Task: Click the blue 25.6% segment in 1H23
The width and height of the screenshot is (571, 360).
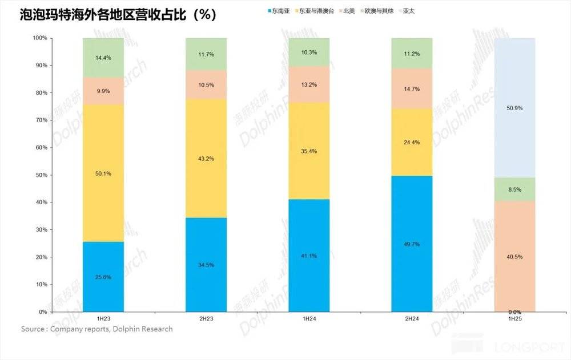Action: [x=103, y=277]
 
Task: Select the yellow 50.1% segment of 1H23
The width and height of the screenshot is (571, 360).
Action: [x=103, y=173]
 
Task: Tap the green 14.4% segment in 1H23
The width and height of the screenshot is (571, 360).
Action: [x=103, y=58]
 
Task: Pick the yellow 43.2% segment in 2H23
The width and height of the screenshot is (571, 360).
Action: [x=206, y=159]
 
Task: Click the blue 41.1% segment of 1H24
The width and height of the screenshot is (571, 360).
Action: [x=309, y=256]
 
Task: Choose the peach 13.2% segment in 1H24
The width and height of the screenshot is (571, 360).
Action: [x=309, y=84]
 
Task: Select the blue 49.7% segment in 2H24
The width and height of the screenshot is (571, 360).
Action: [x=412, y=244]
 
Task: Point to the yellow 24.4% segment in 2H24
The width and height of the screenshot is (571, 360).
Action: [x=412, y=142]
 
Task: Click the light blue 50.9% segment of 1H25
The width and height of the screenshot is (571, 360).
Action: [x=514, y=108]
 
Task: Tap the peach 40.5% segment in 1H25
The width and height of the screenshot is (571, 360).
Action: [x=514, y=256]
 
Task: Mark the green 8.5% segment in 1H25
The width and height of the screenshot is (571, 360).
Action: [x=514, y=189]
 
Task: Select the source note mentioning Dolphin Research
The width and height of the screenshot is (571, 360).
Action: [x=97, y=329]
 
